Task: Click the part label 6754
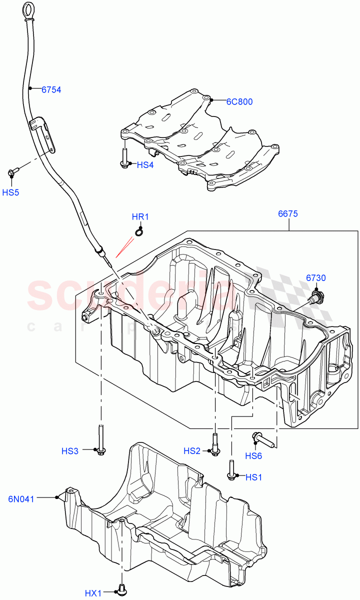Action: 51,90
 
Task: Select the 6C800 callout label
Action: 239,102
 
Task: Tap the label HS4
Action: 145,164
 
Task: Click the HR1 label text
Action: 140,217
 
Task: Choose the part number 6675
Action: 288,214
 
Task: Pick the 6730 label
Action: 315,278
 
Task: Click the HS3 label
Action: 70,451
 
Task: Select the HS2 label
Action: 192,451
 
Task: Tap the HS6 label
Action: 253,455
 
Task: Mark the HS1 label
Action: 253,477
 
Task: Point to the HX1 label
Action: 93,593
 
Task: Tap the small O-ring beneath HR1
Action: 140,231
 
